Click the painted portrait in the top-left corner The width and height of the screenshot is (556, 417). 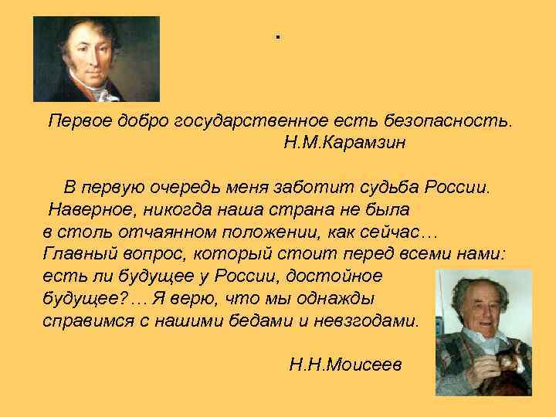96,59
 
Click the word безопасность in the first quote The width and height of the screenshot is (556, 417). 453,121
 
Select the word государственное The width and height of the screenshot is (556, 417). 255,121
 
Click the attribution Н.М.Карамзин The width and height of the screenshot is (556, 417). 344,143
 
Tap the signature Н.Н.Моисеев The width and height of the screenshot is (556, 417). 345,364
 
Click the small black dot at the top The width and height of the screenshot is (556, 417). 276,37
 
